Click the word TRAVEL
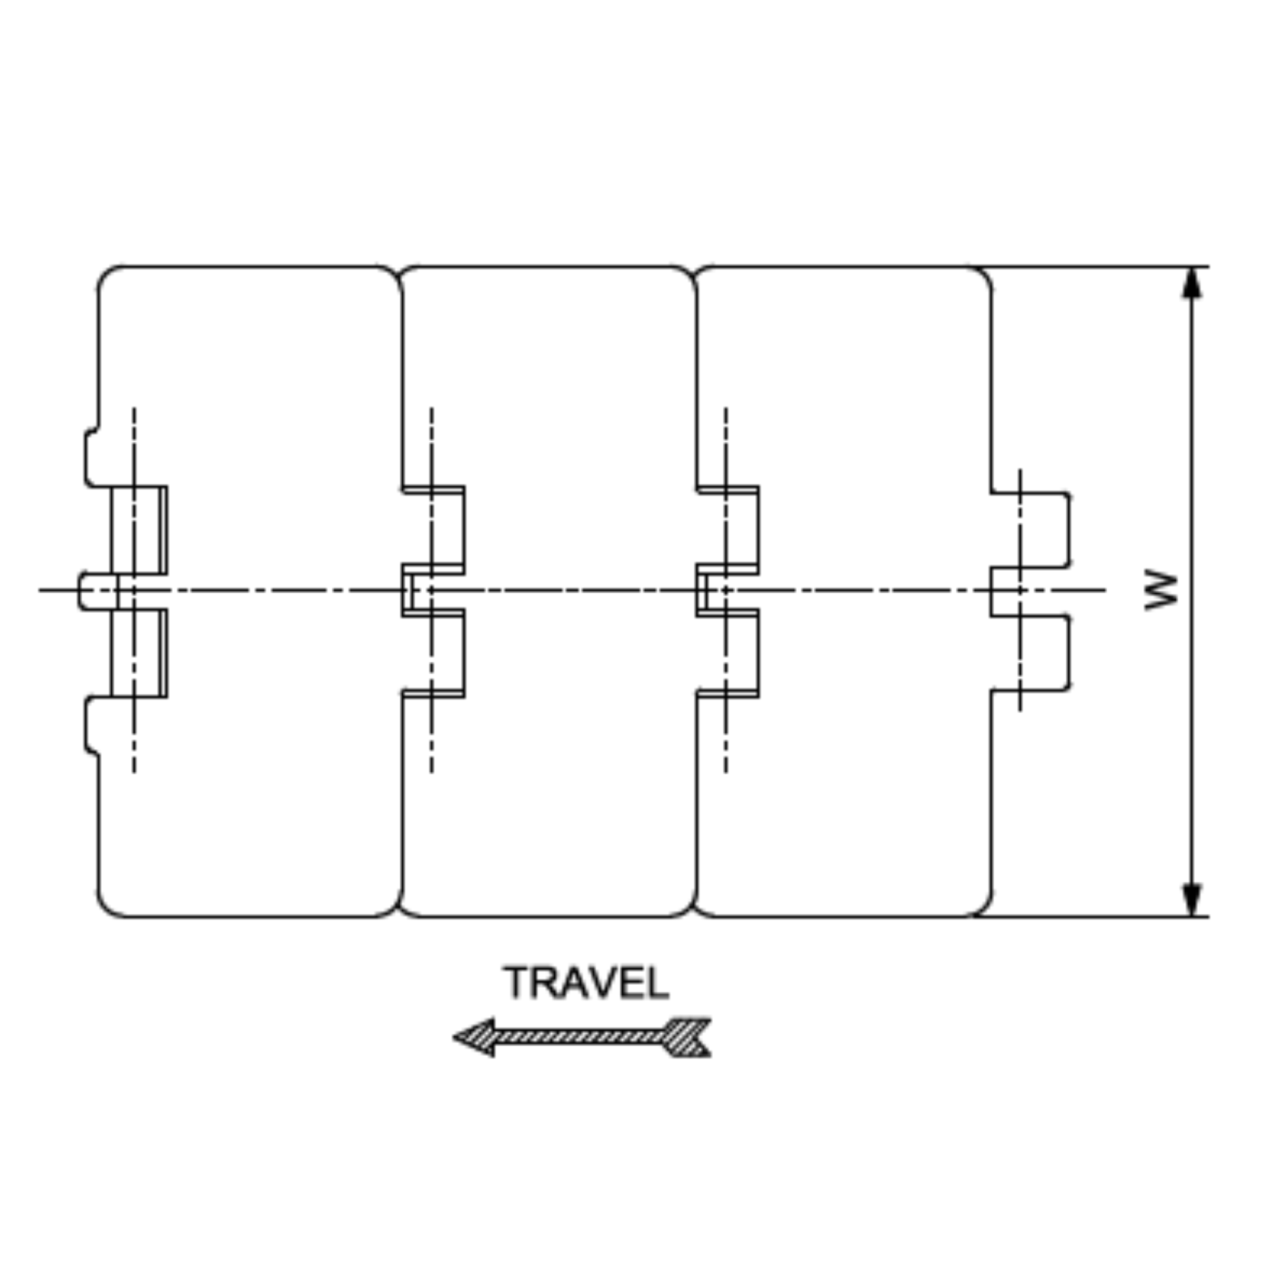point(586,983)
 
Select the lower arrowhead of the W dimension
point(1191,899)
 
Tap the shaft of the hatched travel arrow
point(579,1037)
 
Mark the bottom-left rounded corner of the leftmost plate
point(107,907)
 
